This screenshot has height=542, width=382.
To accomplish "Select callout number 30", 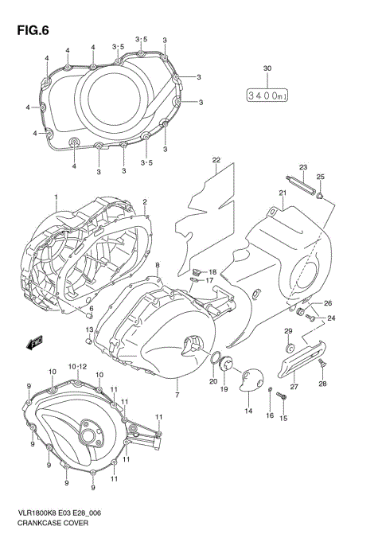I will [267, 68].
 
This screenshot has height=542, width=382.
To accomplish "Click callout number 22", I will [215, 161].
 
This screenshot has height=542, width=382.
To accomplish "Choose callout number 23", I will [302, 166].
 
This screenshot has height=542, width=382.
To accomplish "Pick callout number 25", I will [320, 177].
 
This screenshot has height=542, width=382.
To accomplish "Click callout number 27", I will [294, 388].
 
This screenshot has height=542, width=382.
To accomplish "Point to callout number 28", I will [323, 384].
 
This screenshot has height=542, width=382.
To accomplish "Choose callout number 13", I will [89, 329].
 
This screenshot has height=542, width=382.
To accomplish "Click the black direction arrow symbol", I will [35, 343].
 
